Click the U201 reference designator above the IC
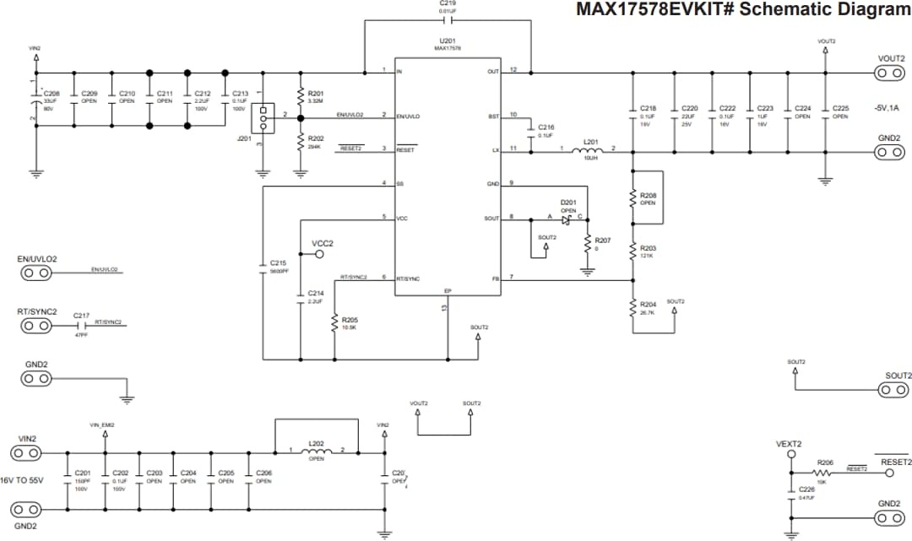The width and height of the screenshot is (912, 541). pyautogui.click(x=448, y=41)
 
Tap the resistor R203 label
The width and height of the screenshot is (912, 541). pyautogui.click(x=648, y=247)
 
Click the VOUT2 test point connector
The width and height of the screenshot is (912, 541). pyautogui.click(x=891, y=73)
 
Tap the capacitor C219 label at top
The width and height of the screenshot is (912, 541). pyautogui.click(x=448, y=3)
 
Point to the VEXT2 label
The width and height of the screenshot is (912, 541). pyautogui.click(x=789, y=444)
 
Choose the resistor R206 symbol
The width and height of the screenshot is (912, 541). pyautogui.click(x=825, y=473)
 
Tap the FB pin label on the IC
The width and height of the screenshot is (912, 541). pyautogui.click(x=496, y=279)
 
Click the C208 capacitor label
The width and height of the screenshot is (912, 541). pyautogui.click(x=52, y=94)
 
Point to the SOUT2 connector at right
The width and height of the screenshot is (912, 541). pyautogui.click(x=891, y=390)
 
